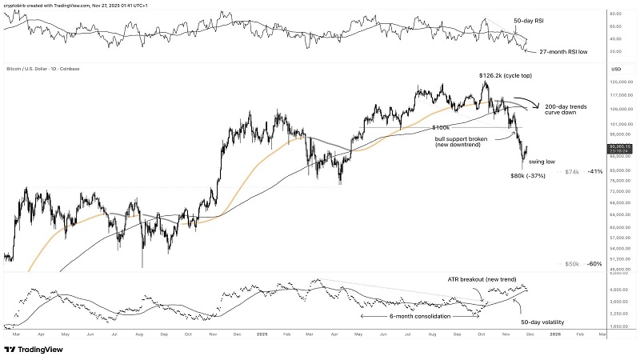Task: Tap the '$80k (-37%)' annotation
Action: click(x=529, y=175)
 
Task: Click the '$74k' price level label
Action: click(x=572, y=172)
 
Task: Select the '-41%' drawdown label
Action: click(x=594, y=172)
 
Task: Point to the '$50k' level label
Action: click(x=572, y=263)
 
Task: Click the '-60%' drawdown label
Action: click(x=594, y=263)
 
